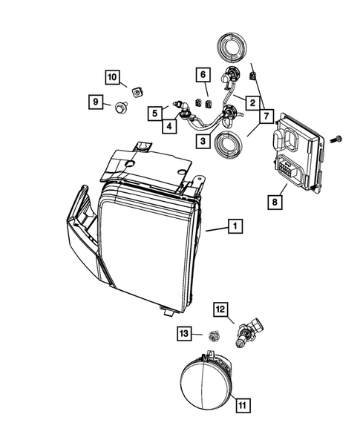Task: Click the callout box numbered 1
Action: tap(234, 229)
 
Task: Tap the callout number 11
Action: tap(243, 405)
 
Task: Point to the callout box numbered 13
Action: tap(183, 335)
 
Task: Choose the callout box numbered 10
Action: tap(112, 77)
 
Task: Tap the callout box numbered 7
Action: tap(265, 116)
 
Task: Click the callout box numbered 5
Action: tap(153, 114)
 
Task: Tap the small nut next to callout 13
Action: tap(213, 335)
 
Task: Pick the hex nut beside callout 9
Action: tap(120, 108)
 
